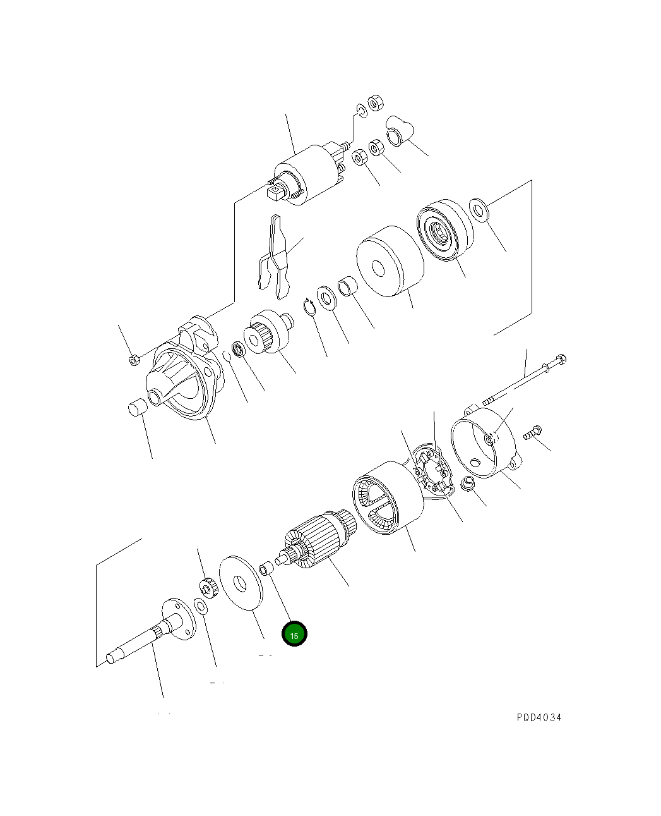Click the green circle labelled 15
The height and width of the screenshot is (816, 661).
pos(294,634)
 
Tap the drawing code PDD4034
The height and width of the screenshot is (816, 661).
pos(539,717)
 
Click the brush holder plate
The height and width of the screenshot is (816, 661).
pos(434,472)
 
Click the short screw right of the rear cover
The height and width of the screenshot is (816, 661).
pos(532,433)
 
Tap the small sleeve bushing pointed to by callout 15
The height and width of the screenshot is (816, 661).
pos(267,567)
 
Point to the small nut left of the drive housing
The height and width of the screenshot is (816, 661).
pos(133,360)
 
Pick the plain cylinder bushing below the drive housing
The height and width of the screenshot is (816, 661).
pos(137,408)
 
